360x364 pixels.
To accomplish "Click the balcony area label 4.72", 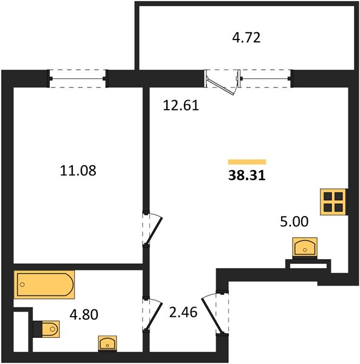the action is pyautogui.click(x=246, y=38).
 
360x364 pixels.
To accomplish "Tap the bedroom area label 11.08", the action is pyautogui.click(x=78, y=170).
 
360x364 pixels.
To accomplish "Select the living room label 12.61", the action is pyautogui.click(x=181, y=105).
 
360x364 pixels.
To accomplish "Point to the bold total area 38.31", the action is pyautogui.click(x=247, y=175).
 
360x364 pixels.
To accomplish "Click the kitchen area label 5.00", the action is pyautogui.click(x=294, y=221).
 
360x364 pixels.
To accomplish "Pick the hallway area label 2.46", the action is pyautogui.click(x=183, y=312).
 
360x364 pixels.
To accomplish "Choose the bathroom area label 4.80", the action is pyautogui.click(x=84, y=314).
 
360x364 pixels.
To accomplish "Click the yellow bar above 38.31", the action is pyautogui.click(x=247, y=162).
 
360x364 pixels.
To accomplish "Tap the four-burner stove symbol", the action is pyautogui.click(x=334, y=202).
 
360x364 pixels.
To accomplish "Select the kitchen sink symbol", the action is pyautogui.click(x=305, y=248).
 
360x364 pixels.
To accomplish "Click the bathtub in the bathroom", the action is pyautogui.click(x=44, y=285).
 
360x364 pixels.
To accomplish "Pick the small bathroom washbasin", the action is pyautogui.click(x=107, y=343).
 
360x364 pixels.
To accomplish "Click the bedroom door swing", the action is pyautogui.click(x=152, y=228).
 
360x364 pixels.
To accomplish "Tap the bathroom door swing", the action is pyautogui.click(x=152, y=314).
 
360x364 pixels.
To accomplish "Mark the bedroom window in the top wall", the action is pyautogui.click(x=78, y=78).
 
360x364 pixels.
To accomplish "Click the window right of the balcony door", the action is pyautogui.click(x=266, y=78).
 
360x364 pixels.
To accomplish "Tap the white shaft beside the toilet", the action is pyautogui.click(x=21, y=331).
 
